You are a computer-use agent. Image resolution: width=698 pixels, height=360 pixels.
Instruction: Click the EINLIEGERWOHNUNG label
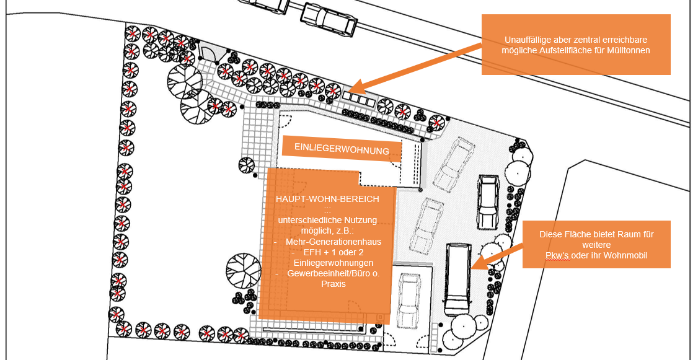tap(342, 150)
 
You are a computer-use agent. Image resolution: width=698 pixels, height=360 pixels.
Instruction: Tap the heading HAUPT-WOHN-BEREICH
tap(327, 199)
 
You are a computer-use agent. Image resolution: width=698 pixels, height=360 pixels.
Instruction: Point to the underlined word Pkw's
tap(555, 255)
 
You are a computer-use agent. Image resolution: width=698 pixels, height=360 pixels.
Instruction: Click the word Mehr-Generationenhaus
tap(334, 242)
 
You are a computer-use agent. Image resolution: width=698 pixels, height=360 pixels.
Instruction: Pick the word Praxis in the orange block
tap(333, 284)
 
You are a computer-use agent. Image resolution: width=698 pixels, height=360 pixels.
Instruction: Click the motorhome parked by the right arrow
tap(457, 279)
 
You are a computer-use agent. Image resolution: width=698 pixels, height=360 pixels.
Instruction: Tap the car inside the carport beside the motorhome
tap(409, 301)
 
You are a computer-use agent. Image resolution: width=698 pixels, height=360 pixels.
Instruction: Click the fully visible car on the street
tap(329, 19)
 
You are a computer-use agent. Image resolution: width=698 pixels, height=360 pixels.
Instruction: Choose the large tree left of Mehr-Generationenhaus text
tap(243, 273)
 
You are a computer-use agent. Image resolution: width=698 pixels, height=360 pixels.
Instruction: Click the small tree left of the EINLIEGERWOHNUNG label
tap(247, 165)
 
